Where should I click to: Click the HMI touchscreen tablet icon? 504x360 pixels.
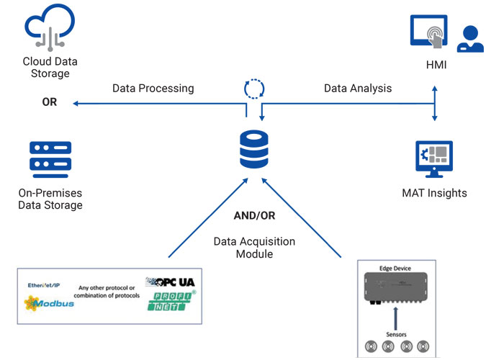pos(430,35)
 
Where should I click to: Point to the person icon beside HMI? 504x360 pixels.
pos(470,40)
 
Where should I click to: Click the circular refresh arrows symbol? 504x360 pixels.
pos(255,88)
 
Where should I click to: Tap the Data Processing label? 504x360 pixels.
pos(153,89)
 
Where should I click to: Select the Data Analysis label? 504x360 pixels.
pos(358,89)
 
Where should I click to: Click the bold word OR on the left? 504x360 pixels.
pos(50,102)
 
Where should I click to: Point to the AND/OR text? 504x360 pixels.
pos(254,215)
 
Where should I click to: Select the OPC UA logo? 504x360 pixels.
pos(170,282)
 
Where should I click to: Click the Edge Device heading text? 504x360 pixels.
pos(395,269)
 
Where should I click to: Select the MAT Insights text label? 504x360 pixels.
pos(434,193)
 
